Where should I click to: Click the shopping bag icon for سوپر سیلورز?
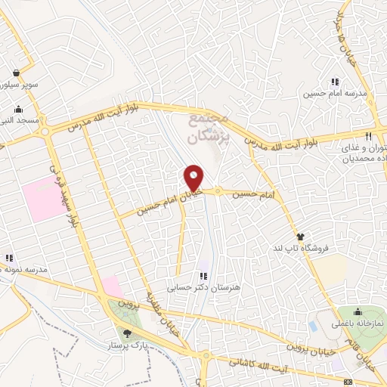(x=16, y=73)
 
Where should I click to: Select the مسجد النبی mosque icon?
(x=16, y=107)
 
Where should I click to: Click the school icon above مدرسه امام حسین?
(x=334, y=82)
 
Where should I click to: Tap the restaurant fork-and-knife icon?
(x=368, y=137)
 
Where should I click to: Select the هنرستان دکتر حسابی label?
(x=202, y=287)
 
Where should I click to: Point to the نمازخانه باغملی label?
(x=358, y=324)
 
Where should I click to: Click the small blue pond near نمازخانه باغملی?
(x=312, y=326)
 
